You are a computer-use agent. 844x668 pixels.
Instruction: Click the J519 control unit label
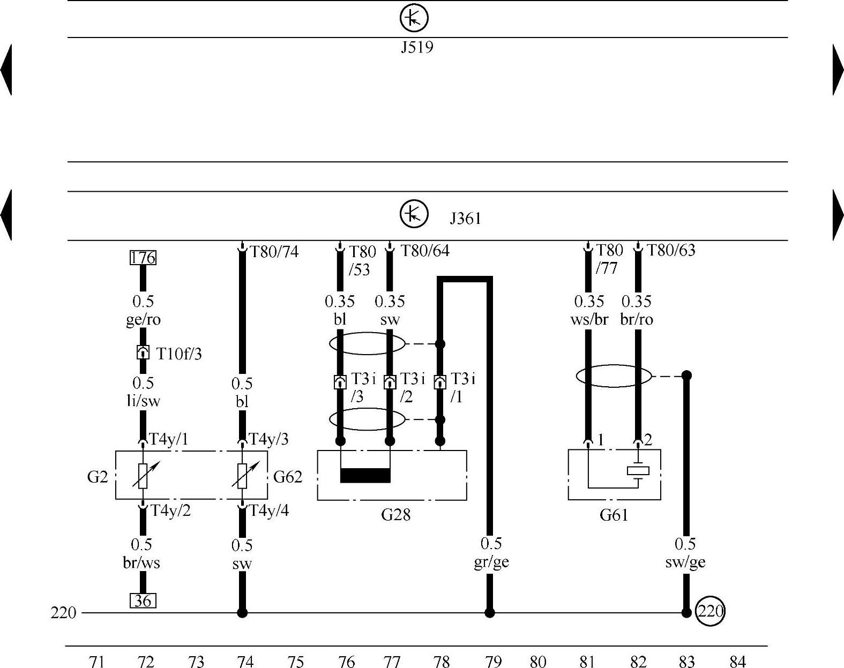[417, 48]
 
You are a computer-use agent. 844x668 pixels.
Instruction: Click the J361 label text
[465, 219]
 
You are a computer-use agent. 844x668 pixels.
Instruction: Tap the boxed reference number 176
[143, 258]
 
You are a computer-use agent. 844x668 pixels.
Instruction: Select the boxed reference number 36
[143, 601]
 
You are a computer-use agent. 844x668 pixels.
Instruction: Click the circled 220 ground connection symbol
[710, 611]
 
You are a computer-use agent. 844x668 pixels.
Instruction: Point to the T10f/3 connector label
[179, 354]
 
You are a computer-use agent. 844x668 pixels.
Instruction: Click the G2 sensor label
[98, 476]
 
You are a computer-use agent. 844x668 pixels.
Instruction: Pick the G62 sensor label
[288, 476]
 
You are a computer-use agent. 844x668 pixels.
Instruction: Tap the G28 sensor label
[395, 515]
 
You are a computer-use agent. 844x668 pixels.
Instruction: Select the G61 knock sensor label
[614, 515]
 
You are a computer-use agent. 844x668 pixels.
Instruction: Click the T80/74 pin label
[274, 251]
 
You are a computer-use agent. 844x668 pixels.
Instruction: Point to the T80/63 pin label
[671, 250]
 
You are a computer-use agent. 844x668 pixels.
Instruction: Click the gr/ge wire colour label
[491, 562]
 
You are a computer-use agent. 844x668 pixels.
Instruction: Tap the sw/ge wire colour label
[685, 562]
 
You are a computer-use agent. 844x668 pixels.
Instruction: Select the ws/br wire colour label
[589, 319]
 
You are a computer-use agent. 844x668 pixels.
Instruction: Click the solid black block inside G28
[365, 475]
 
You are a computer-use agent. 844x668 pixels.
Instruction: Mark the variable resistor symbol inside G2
[143, 475]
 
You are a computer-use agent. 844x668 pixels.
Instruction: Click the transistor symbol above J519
[414, 18]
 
